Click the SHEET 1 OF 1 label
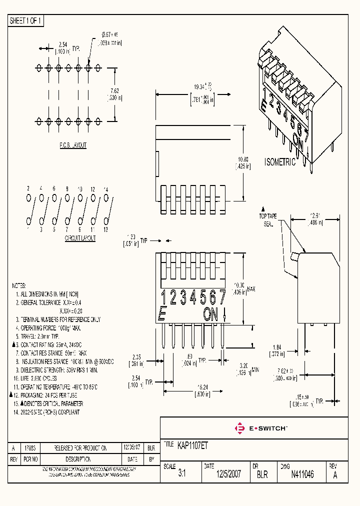(26, 21)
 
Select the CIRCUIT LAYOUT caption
(80, 238)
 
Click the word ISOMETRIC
(280, 162)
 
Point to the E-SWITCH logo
(260, 428)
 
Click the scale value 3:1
(181, 474)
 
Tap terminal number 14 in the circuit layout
(105, 188)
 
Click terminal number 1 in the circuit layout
(28, 229)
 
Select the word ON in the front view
(211, 314)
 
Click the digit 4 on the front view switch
(193, 298)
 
